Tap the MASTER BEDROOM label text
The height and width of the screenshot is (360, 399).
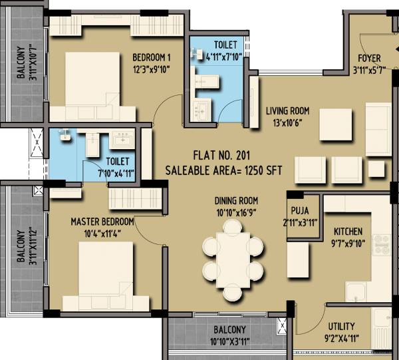pyautogui.click(x=102, y=222)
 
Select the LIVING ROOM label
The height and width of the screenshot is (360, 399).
pyautogui.click(x=287, y=110)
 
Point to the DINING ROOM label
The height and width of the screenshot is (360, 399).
pyautogui.click(x=235, y=200)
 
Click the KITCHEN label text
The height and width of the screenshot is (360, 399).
pyautogui.click(x=348, y=232)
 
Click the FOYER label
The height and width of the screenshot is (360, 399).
pyautogui.click(x=369, y=58)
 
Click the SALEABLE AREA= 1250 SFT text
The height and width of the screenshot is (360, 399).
pyautogui.click(x=223, y=171)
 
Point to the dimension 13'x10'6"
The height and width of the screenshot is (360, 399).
pyautogui.click(x=287, y=122)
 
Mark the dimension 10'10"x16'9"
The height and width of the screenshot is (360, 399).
pyautogui.click(x=235, y=212)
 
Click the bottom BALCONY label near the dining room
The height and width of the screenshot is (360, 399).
pyautogui.click(x=229, y=330)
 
